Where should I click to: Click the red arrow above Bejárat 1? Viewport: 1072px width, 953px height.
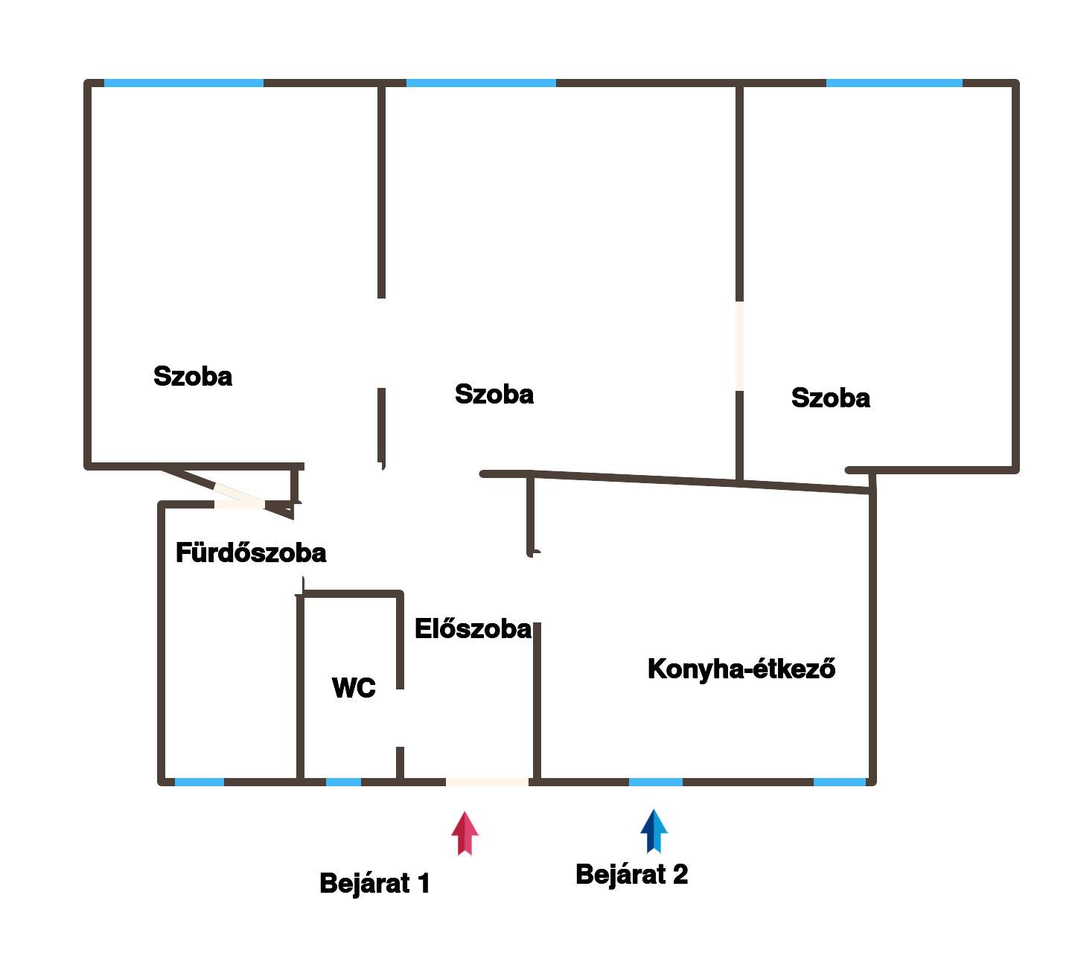click(465, 832)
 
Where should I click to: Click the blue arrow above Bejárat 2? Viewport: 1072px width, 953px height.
click(654, 830)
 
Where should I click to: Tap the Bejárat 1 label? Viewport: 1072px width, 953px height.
click(374, 884)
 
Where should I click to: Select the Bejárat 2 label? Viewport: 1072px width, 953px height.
click(631, 874)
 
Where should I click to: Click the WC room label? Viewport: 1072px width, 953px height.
click(354, 688)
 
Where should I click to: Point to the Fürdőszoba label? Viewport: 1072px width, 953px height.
click(251, 553)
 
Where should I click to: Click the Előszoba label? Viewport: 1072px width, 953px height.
click(473, 629)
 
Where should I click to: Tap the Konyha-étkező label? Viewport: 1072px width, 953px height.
click(741, 669)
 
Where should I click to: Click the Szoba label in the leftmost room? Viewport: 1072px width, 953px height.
click(193, 377)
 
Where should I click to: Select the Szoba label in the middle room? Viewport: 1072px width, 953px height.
click(494, 395)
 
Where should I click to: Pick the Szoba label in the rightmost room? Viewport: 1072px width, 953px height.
click(831, 398)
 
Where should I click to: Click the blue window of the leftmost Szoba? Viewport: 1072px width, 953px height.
click(183, 83)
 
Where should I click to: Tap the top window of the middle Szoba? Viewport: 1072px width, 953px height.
click(481, 83)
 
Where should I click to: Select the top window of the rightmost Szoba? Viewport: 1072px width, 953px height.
click(893, 83)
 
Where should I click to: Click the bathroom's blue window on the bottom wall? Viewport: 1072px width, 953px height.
click(199, 782)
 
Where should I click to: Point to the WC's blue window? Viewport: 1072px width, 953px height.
click(343, 782)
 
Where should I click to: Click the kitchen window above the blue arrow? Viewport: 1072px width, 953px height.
click(655, 782)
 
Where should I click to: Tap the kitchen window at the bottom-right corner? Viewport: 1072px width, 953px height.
click(840, 782)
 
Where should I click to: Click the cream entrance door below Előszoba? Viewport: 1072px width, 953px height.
click(487, 782)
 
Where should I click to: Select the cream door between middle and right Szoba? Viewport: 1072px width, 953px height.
click(739, 345)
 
